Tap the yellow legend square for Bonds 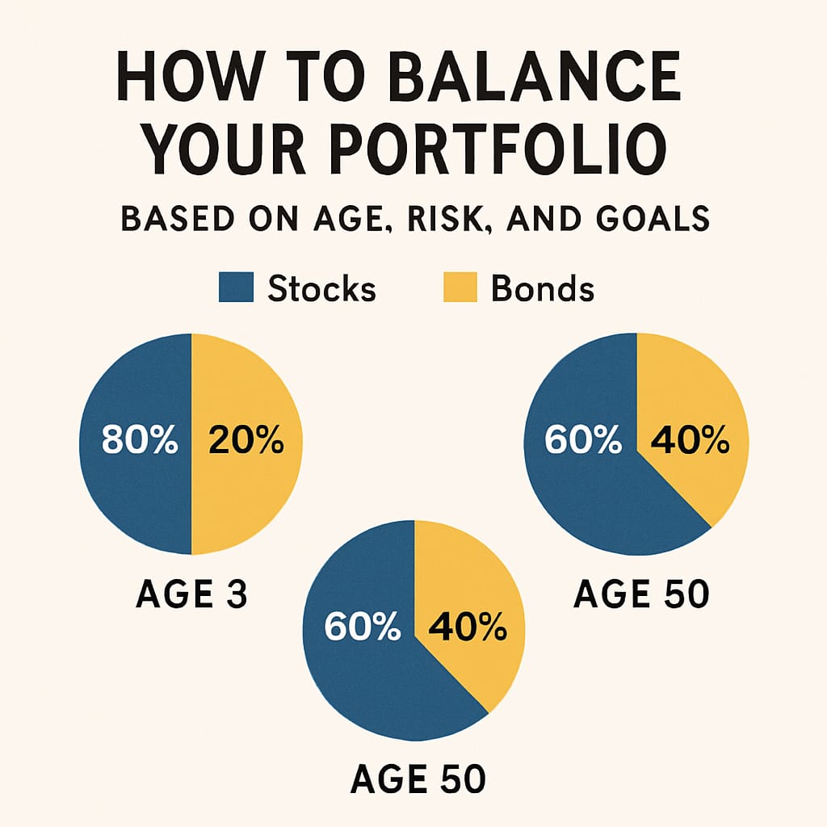(x=460, y=288)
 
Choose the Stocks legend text (x=321, y=288)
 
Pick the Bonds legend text (x=542, y=288)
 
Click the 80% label (x=139, y=442)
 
